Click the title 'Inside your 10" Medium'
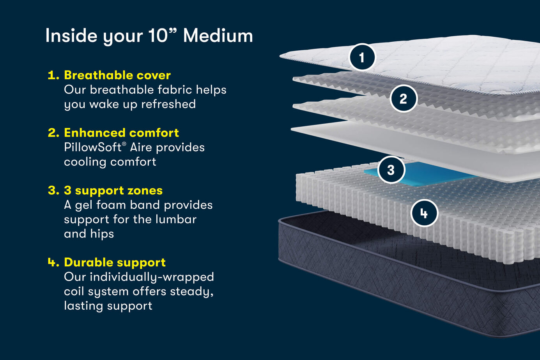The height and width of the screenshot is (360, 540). [149, 36]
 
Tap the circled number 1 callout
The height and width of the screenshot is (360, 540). [362, 57]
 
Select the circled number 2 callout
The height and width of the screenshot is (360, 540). [403, 99]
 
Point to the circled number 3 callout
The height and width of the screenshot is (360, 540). [391, 170]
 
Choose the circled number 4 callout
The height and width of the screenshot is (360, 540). [424, 213]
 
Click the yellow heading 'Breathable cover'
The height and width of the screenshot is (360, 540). [117, 75]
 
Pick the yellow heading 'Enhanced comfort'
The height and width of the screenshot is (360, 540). [121, 133]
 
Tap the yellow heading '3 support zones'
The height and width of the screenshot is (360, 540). [113, 190]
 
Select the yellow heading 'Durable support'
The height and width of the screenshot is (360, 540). [115, 262]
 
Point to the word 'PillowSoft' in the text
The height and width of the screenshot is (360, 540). [93, 147]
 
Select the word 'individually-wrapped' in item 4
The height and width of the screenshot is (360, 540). [152, 277]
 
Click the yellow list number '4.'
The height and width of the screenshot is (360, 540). [53, 262]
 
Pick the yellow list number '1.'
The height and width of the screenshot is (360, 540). [53, 75]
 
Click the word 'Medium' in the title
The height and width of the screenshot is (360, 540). [218, 36]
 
